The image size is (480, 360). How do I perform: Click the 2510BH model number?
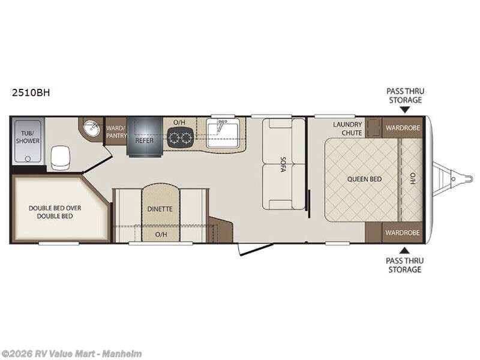pyautogui.click(x=31, y=92)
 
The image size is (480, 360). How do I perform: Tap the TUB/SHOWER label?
pyautogui.click(x=28, y=137)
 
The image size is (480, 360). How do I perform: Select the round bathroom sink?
pyautogui.click(x=92, y=128)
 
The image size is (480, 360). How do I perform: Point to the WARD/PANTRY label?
pyautogui.click(x=116, y=131)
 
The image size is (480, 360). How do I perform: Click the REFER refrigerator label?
pyautogui.click(x=145, y=140)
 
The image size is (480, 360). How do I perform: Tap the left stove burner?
pyautogui.click(x=175, y=137)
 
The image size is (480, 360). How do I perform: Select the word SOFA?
pyautogui.click(x=283, y=164)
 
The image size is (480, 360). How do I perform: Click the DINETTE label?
pyautogui.click(x=160, y=209)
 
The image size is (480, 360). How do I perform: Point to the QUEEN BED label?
pyautogui.click(x=364, y=179)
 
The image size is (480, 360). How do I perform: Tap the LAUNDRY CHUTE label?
pyautogui.click(x=347, y=128)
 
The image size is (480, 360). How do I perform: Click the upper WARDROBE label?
pyautogui.click(x=403, y=128)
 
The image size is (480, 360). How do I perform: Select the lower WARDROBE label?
pyautogui.click(x=403, y=233)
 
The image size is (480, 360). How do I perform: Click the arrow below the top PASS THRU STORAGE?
pyautogui.click(x=405, y=110)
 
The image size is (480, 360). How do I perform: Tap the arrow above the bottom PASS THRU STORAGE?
pyautogui.click(x=404, y=250)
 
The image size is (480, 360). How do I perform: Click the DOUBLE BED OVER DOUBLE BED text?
pyautogui.click(x=55, y=212)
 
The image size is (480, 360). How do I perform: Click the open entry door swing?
pyautogui.click(x=256, y=249)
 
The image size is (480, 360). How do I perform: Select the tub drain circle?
pyautogui.click(x=28, y=159)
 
